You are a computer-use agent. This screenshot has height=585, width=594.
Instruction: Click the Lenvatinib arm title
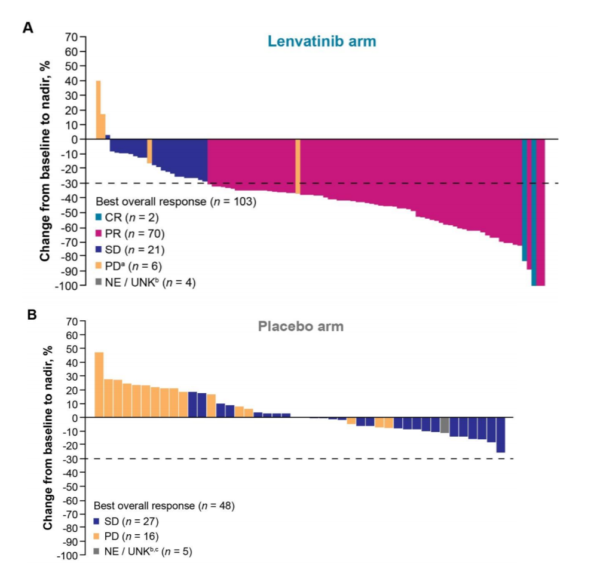[x=322, y=41]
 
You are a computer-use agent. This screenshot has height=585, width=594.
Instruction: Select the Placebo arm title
[x=301, y=326]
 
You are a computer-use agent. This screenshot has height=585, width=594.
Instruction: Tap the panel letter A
[x=28, y=27]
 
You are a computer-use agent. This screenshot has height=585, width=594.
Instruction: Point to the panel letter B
[x=32, y=315]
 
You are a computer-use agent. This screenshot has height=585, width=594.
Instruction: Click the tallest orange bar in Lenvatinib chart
[x=98, y=110]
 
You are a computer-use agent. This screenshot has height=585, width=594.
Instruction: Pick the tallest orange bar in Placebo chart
[x=99, y=385]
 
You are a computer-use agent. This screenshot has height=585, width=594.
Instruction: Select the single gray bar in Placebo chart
[x=445, y=425]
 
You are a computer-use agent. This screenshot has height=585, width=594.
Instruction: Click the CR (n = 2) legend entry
[x=127, y=218]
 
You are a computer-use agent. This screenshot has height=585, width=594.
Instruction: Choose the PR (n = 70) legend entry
[x=130, y=234]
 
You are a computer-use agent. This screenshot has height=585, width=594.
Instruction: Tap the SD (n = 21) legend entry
[x=130, y=250]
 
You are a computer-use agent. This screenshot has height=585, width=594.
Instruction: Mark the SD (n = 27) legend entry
[x=126, y=522]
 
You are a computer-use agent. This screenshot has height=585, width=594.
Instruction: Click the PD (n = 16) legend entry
[x=126, y=537]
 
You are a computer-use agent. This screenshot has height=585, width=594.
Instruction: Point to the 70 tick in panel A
[x=71, y=37]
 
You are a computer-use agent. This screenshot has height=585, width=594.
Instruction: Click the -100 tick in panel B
[x=68, y=556]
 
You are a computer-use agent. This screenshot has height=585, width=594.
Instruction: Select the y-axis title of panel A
[x=45, y=161]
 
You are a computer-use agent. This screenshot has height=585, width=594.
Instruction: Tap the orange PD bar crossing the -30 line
[x=298, y=167]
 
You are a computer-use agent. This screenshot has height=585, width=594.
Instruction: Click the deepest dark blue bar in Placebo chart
[x=501, y=435]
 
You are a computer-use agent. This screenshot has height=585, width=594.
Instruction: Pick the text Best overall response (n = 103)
[x=176, y=201]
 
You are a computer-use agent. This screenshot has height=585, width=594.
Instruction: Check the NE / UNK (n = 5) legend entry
[x=143, y=552]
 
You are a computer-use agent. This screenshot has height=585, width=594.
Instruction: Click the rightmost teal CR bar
[x=534, y=212]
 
